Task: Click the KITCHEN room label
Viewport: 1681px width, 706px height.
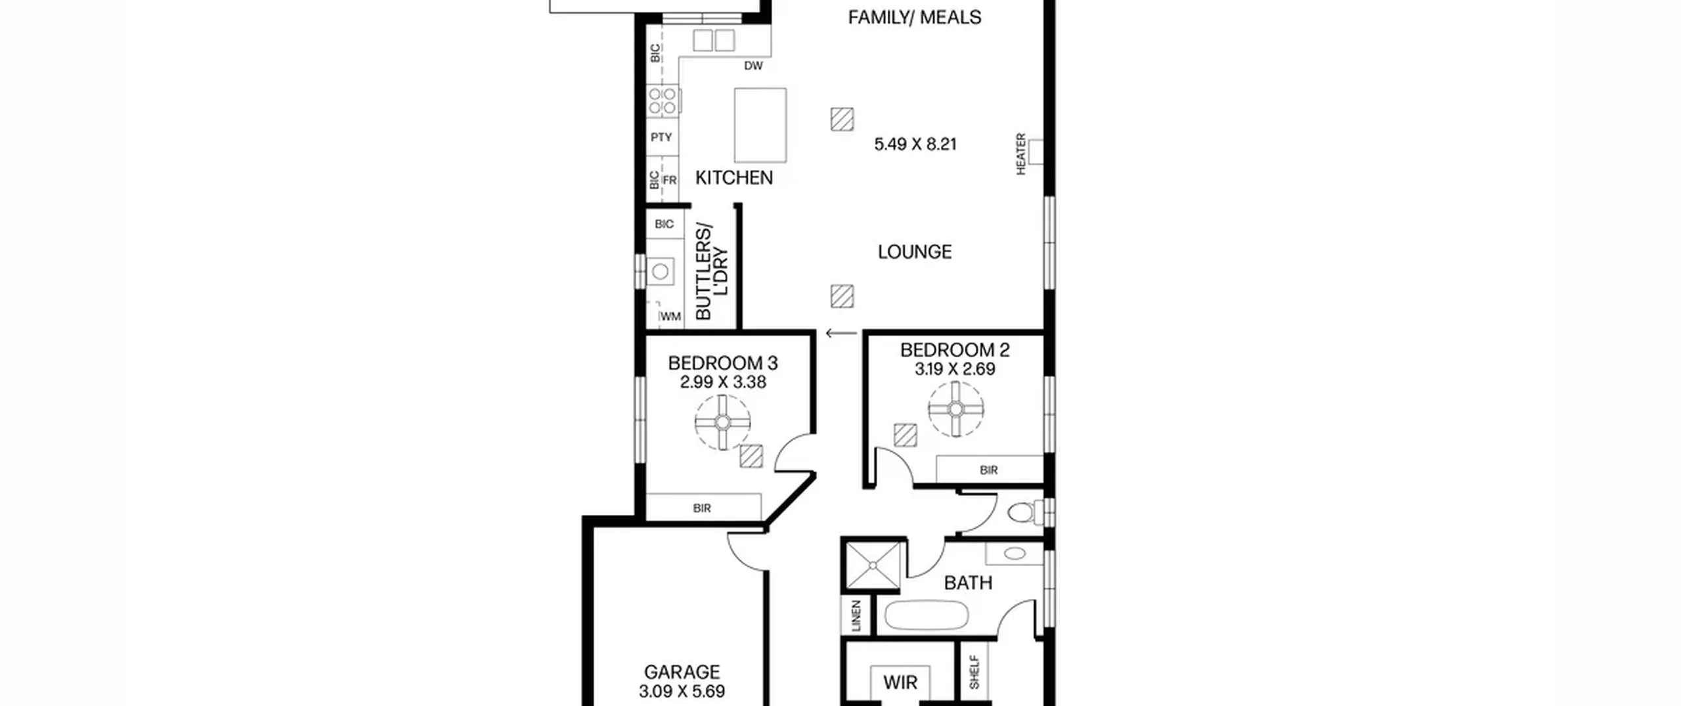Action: pyautogui.click(x=733, y=178)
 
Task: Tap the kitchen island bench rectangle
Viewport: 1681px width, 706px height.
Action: pyautogui.click(x=760, y=125)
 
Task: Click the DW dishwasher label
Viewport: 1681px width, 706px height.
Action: pyautogui.click(x=753, y=66)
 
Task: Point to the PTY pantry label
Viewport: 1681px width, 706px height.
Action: pyautogui.click(x=661, y=137)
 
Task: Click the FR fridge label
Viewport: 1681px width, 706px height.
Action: pyautogui.click(x=669, y=180)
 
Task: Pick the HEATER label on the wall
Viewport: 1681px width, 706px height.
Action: pyautogui.click(x=1021, y=154)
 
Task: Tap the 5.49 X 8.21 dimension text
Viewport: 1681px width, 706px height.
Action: pyautogui.click(x=915, y=144)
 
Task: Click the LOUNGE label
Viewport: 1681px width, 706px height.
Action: pyautogui.click(x=915, y=252)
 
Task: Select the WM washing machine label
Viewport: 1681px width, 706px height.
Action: pyautogui.click(x=670, y=317)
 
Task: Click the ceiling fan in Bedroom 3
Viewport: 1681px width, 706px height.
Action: pyautogui.click(x=722, y=422)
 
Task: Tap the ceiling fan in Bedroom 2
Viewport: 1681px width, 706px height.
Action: pyautogui.click(x=956, y=409)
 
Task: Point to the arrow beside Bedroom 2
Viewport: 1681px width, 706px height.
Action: pyautogui.click(x=841, y=334)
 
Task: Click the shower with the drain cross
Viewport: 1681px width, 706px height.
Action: pyautogui.click(x=873, y=565)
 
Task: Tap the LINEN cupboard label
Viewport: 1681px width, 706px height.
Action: pyautogui.click(x=856, y=616)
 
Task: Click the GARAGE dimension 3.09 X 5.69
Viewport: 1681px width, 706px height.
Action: pyautogui.click(x=682, y=692)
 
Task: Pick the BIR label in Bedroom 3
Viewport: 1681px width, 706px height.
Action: pyautogui.click(x=702, y=508)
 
